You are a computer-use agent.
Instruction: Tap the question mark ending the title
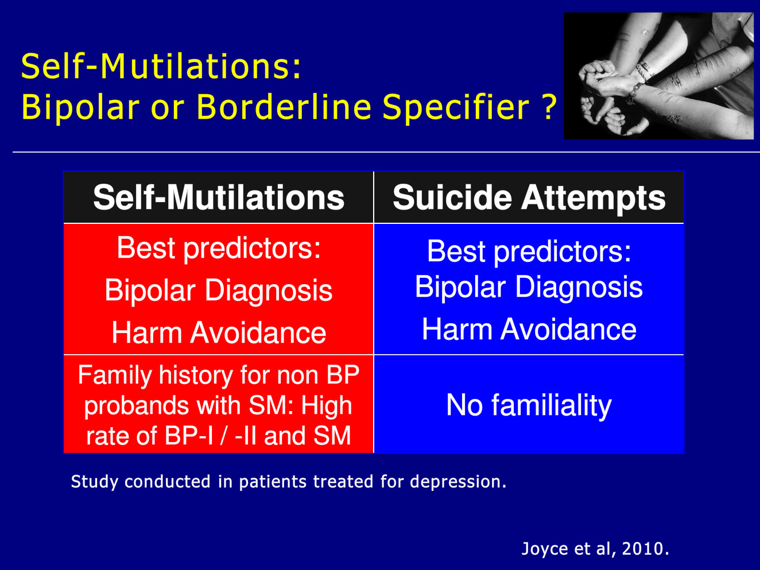tap(549, 107)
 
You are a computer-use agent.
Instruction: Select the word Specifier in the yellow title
tap(456, 108)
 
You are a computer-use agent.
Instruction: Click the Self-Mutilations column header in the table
tap(219, 197)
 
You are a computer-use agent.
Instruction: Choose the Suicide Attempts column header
tap(529, 198)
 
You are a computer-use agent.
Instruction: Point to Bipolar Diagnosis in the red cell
tap(219, 290)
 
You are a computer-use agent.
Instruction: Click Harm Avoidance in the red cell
tap(219, 332)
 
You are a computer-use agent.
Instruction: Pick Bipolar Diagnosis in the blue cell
tap(529, 287)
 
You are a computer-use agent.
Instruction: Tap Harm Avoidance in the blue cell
tap(529, 329)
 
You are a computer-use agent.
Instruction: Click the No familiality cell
tap(529, 405)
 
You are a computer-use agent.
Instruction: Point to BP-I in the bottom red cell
tap(189, 436)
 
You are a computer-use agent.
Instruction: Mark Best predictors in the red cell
tap(219, 249)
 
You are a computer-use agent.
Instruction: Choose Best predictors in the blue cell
tap(529, 251)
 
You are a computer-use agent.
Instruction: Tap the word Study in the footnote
tap(94, 482)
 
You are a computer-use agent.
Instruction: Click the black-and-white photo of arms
tap(658, 76)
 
